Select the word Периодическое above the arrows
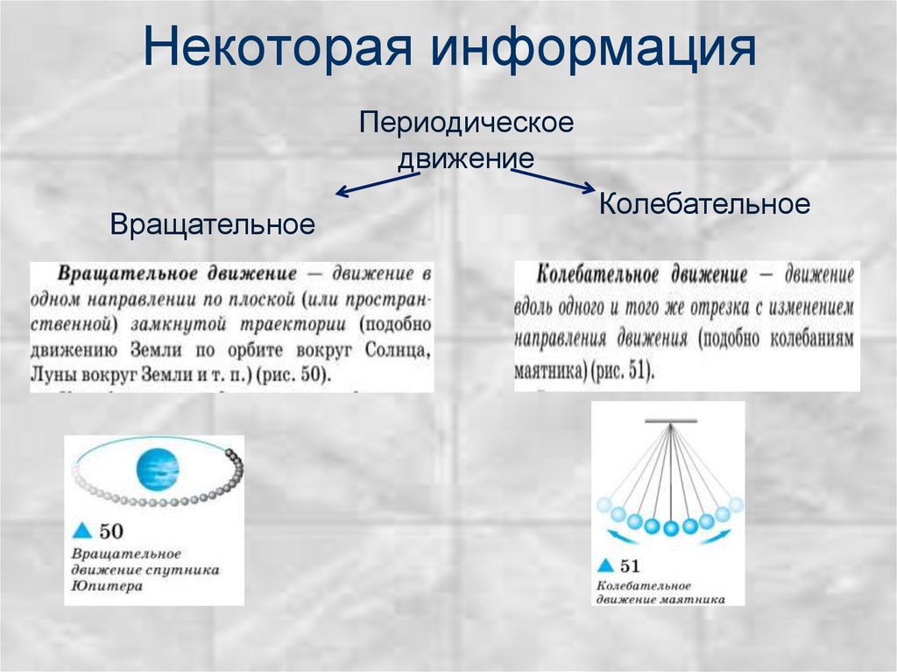(466, 122)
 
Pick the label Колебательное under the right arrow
(704, 204)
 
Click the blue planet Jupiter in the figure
(157, 468)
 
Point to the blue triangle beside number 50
(82, 530)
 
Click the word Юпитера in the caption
(103, 586)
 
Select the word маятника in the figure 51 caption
(692, 599)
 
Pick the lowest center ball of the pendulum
(671, 527)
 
